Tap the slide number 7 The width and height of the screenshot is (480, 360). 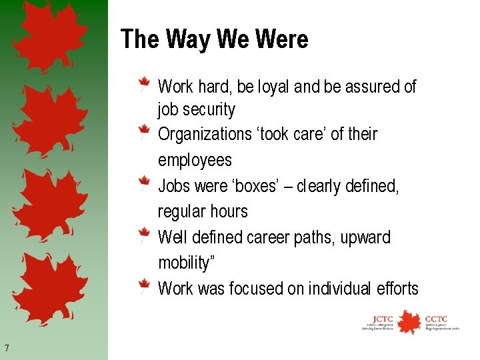tap(6, 347)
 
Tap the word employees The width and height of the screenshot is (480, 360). tap(195, 161)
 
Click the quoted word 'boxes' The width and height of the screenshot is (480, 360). tap(253, 186)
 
